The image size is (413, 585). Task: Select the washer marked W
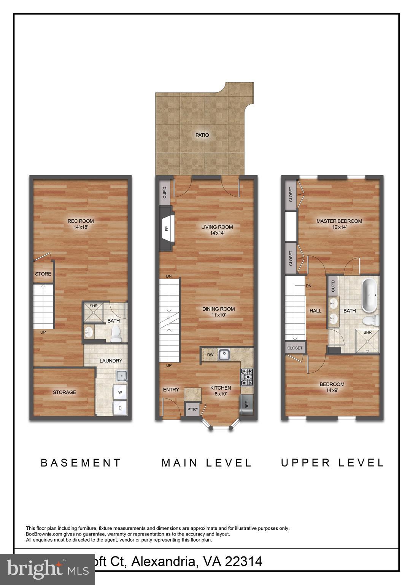point(121,392)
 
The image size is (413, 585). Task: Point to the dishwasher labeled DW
point(210,355)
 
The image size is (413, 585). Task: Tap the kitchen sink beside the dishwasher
point(224,355)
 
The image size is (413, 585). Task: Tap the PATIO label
point(202,135)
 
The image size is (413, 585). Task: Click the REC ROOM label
point(81,221)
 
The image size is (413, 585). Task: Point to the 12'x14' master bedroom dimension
point(339,227)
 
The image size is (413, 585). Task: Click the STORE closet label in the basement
point(43,274)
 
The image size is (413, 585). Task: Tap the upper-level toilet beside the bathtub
point(370,320)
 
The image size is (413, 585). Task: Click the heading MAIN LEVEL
point(206,463)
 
